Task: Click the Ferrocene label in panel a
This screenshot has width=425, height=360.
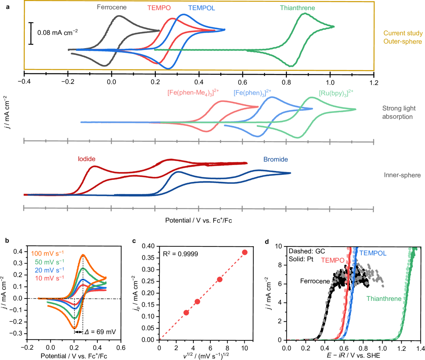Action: [x=111, y=7]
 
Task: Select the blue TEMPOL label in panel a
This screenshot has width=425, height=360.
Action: [x=201, y=8]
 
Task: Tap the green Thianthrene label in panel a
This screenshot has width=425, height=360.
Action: [x=297, y=8]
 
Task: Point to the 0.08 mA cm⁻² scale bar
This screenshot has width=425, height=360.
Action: [x=31, y=34]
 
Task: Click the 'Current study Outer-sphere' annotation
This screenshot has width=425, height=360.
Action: [x=403, y=37]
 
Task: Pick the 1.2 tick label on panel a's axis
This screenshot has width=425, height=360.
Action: [x=374, y=83]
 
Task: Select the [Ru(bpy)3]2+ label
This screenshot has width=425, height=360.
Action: [x=336, y=93]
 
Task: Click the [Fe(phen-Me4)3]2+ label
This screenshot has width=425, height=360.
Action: [x=193, y=93]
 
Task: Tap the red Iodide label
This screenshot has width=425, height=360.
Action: [x=87, y=159]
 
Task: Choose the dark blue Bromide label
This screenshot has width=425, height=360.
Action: [x=275, y=159]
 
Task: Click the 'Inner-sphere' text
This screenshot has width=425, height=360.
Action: [x=402, y=175]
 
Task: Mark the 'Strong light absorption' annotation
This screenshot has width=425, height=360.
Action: [x=398, y=113]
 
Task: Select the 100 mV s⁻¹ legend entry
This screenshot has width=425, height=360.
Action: [x=47, y=253]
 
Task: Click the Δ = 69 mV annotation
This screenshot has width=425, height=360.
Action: [x=100, y=332]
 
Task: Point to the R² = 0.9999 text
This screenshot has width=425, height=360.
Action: [x=180, y=254]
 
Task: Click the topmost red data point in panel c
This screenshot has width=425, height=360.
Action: [x=244, y=252]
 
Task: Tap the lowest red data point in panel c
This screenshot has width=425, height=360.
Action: [x=186, y=313]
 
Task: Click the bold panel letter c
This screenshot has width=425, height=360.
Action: [x=134, y=241]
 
